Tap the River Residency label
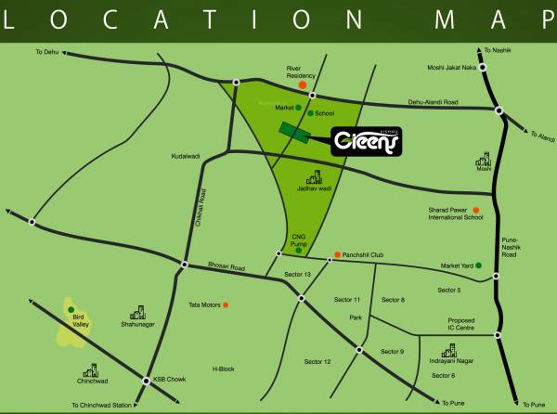[303, 72]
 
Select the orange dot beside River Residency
[303, 85]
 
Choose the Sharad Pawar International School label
[449, 214]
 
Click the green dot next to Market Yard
[480, 266]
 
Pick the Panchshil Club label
[365, 254]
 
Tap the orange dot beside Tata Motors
[224, 304]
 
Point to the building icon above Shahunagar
[138, 312]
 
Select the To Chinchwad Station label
[103, 406]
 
